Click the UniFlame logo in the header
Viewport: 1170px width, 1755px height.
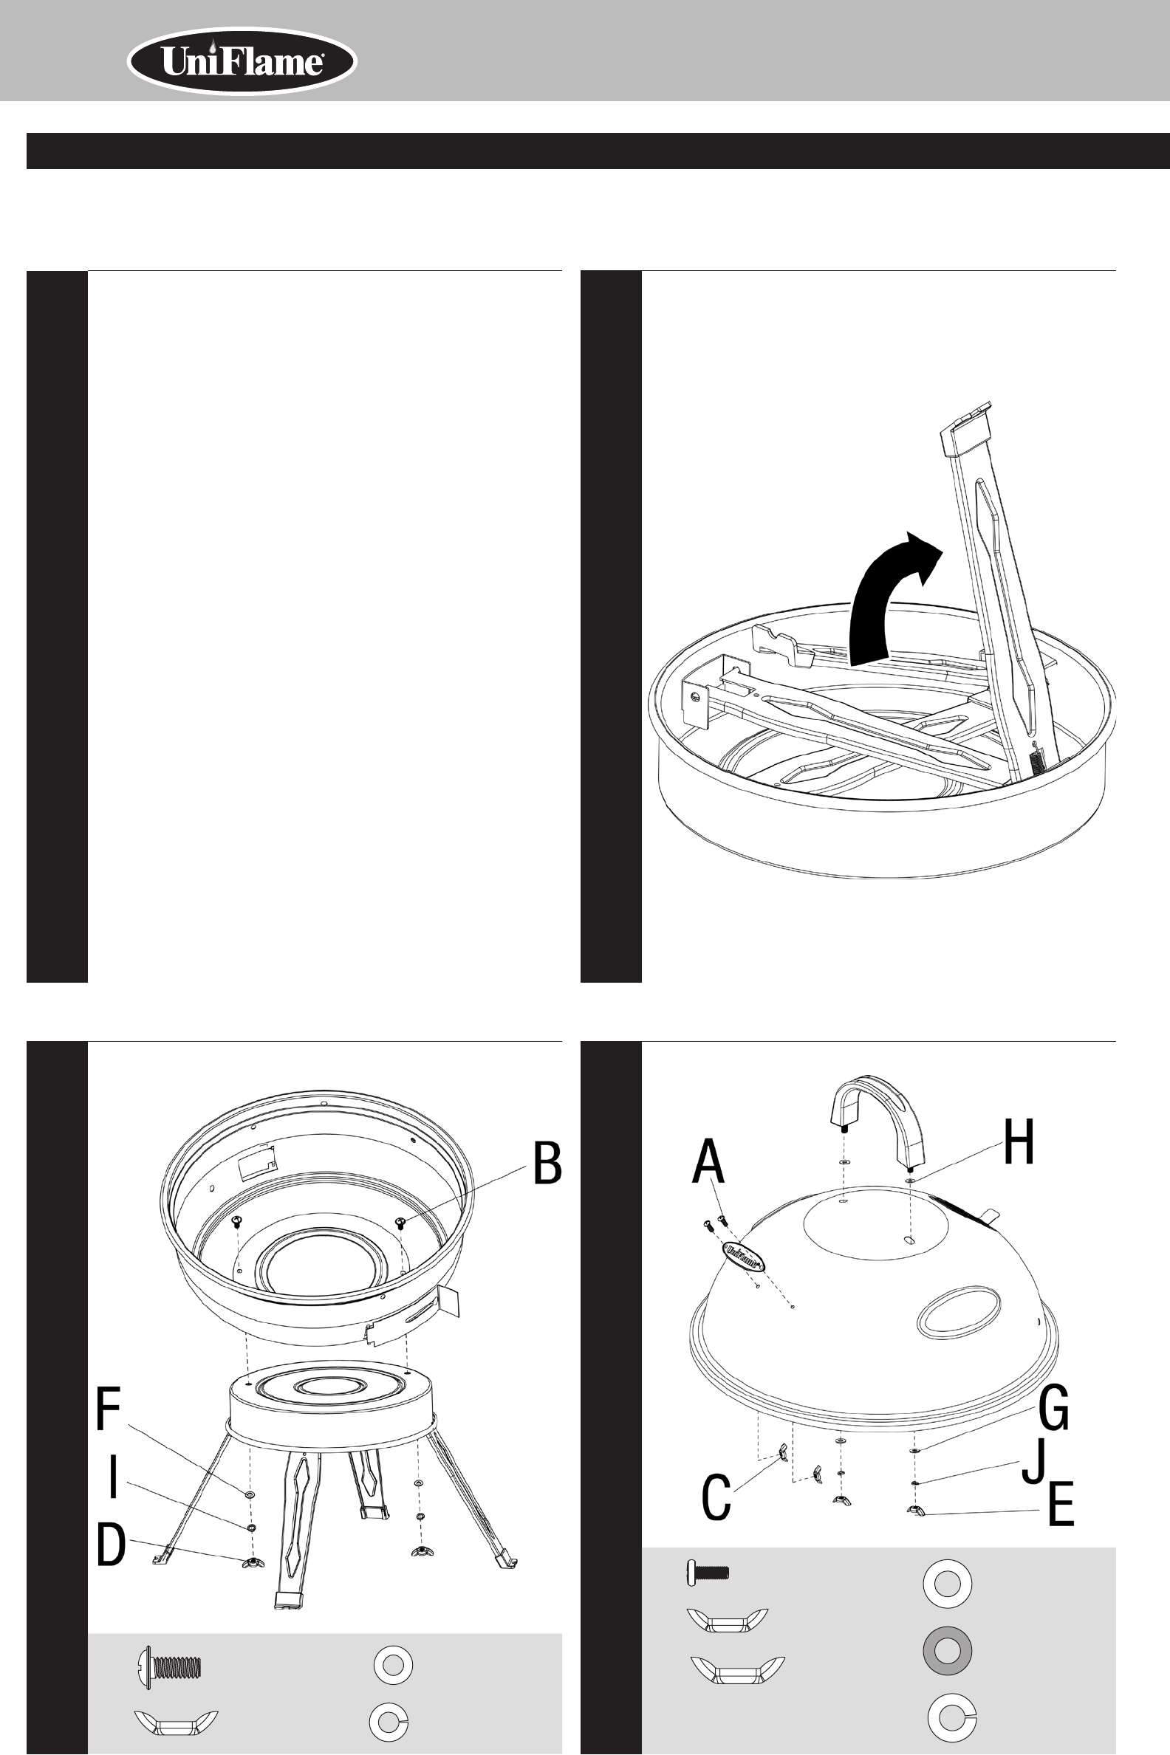click(x=242, y=62)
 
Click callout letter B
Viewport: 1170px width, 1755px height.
click(x=547, y=1163)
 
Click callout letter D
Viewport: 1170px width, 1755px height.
click(x=112, y=1545)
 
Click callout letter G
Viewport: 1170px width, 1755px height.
click(x=1053, y=1407)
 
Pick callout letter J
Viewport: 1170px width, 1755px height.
click(x=1033, y=1463)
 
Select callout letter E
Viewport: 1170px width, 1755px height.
click(x=1061, y=1504)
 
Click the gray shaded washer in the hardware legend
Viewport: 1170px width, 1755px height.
click(x=947, y=1652)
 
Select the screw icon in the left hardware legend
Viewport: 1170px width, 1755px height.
click(x=170, y=1665)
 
